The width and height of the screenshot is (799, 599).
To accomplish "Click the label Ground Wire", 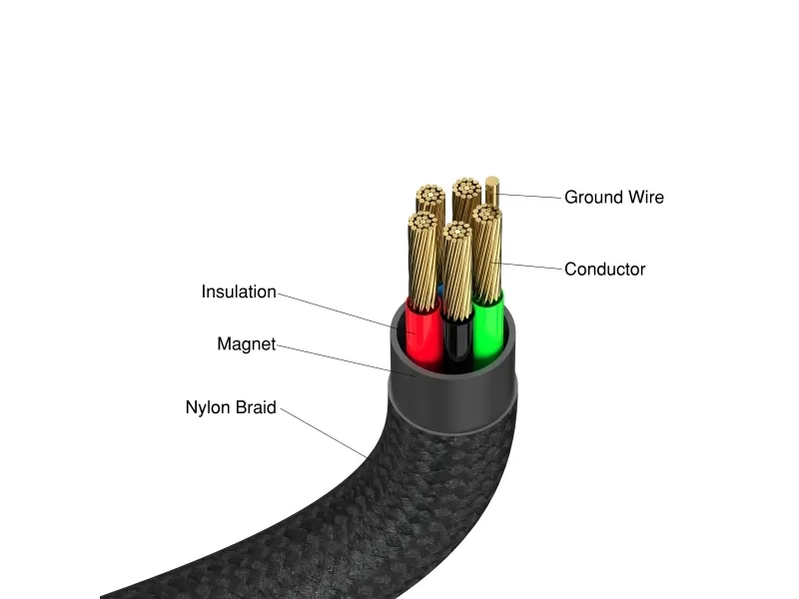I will coord(613,198).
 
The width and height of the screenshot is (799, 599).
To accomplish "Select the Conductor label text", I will coord(604,270).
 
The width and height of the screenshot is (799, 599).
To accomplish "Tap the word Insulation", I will coord(239,293).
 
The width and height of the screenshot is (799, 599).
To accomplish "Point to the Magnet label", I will coord(246,344).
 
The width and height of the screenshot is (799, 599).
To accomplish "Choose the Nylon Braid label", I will coord(231,407).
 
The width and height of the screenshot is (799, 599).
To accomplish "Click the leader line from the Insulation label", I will coord(340,308).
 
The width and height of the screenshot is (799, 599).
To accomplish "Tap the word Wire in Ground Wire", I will coord(644,198).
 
